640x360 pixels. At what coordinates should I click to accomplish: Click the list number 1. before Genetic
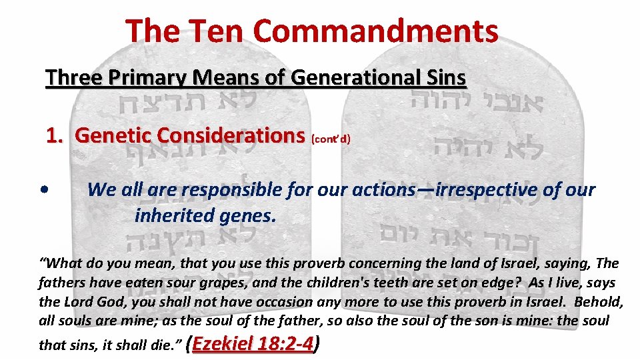point(55,135)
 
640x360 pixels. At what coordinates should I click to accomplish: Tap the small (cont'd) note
point(330,139)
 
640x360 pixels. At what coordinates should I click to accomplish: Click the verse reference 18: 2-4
point(286,343)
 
